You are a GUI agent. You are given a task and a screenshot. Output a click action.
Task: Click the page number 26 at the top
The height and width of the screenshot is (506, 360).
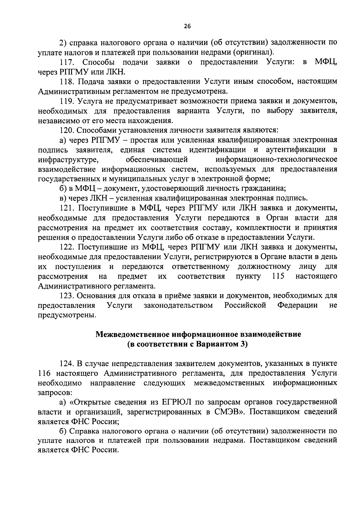coord(187,26)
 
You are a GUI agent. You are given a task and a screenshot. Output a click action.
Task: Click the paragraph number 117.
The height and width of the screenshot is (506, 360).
coord(67,62)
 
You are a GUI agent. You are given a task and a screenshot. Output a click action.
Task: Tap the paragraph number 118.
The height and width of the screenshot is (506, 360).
coord(66,82)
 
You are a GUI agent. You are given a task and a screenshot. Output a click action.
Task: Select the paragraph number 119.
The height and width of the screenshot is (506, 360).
coord(66,101)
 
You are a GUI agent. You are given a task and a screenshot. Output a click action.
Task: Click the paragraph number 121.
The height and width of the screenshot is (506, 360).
coord(67,208)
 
